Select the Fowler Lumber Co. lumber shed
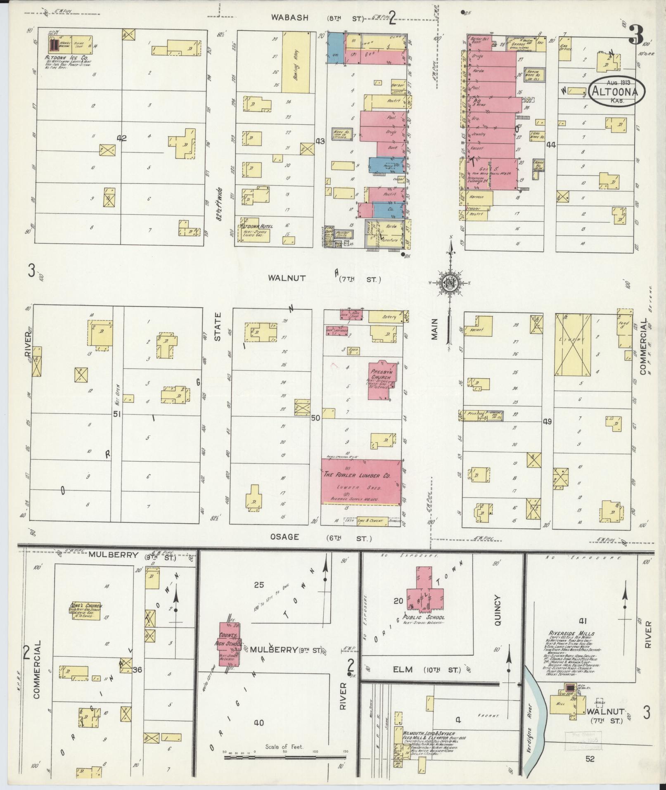click(x=361, y=482)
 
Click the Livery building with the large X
click(x=574, y=345)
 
